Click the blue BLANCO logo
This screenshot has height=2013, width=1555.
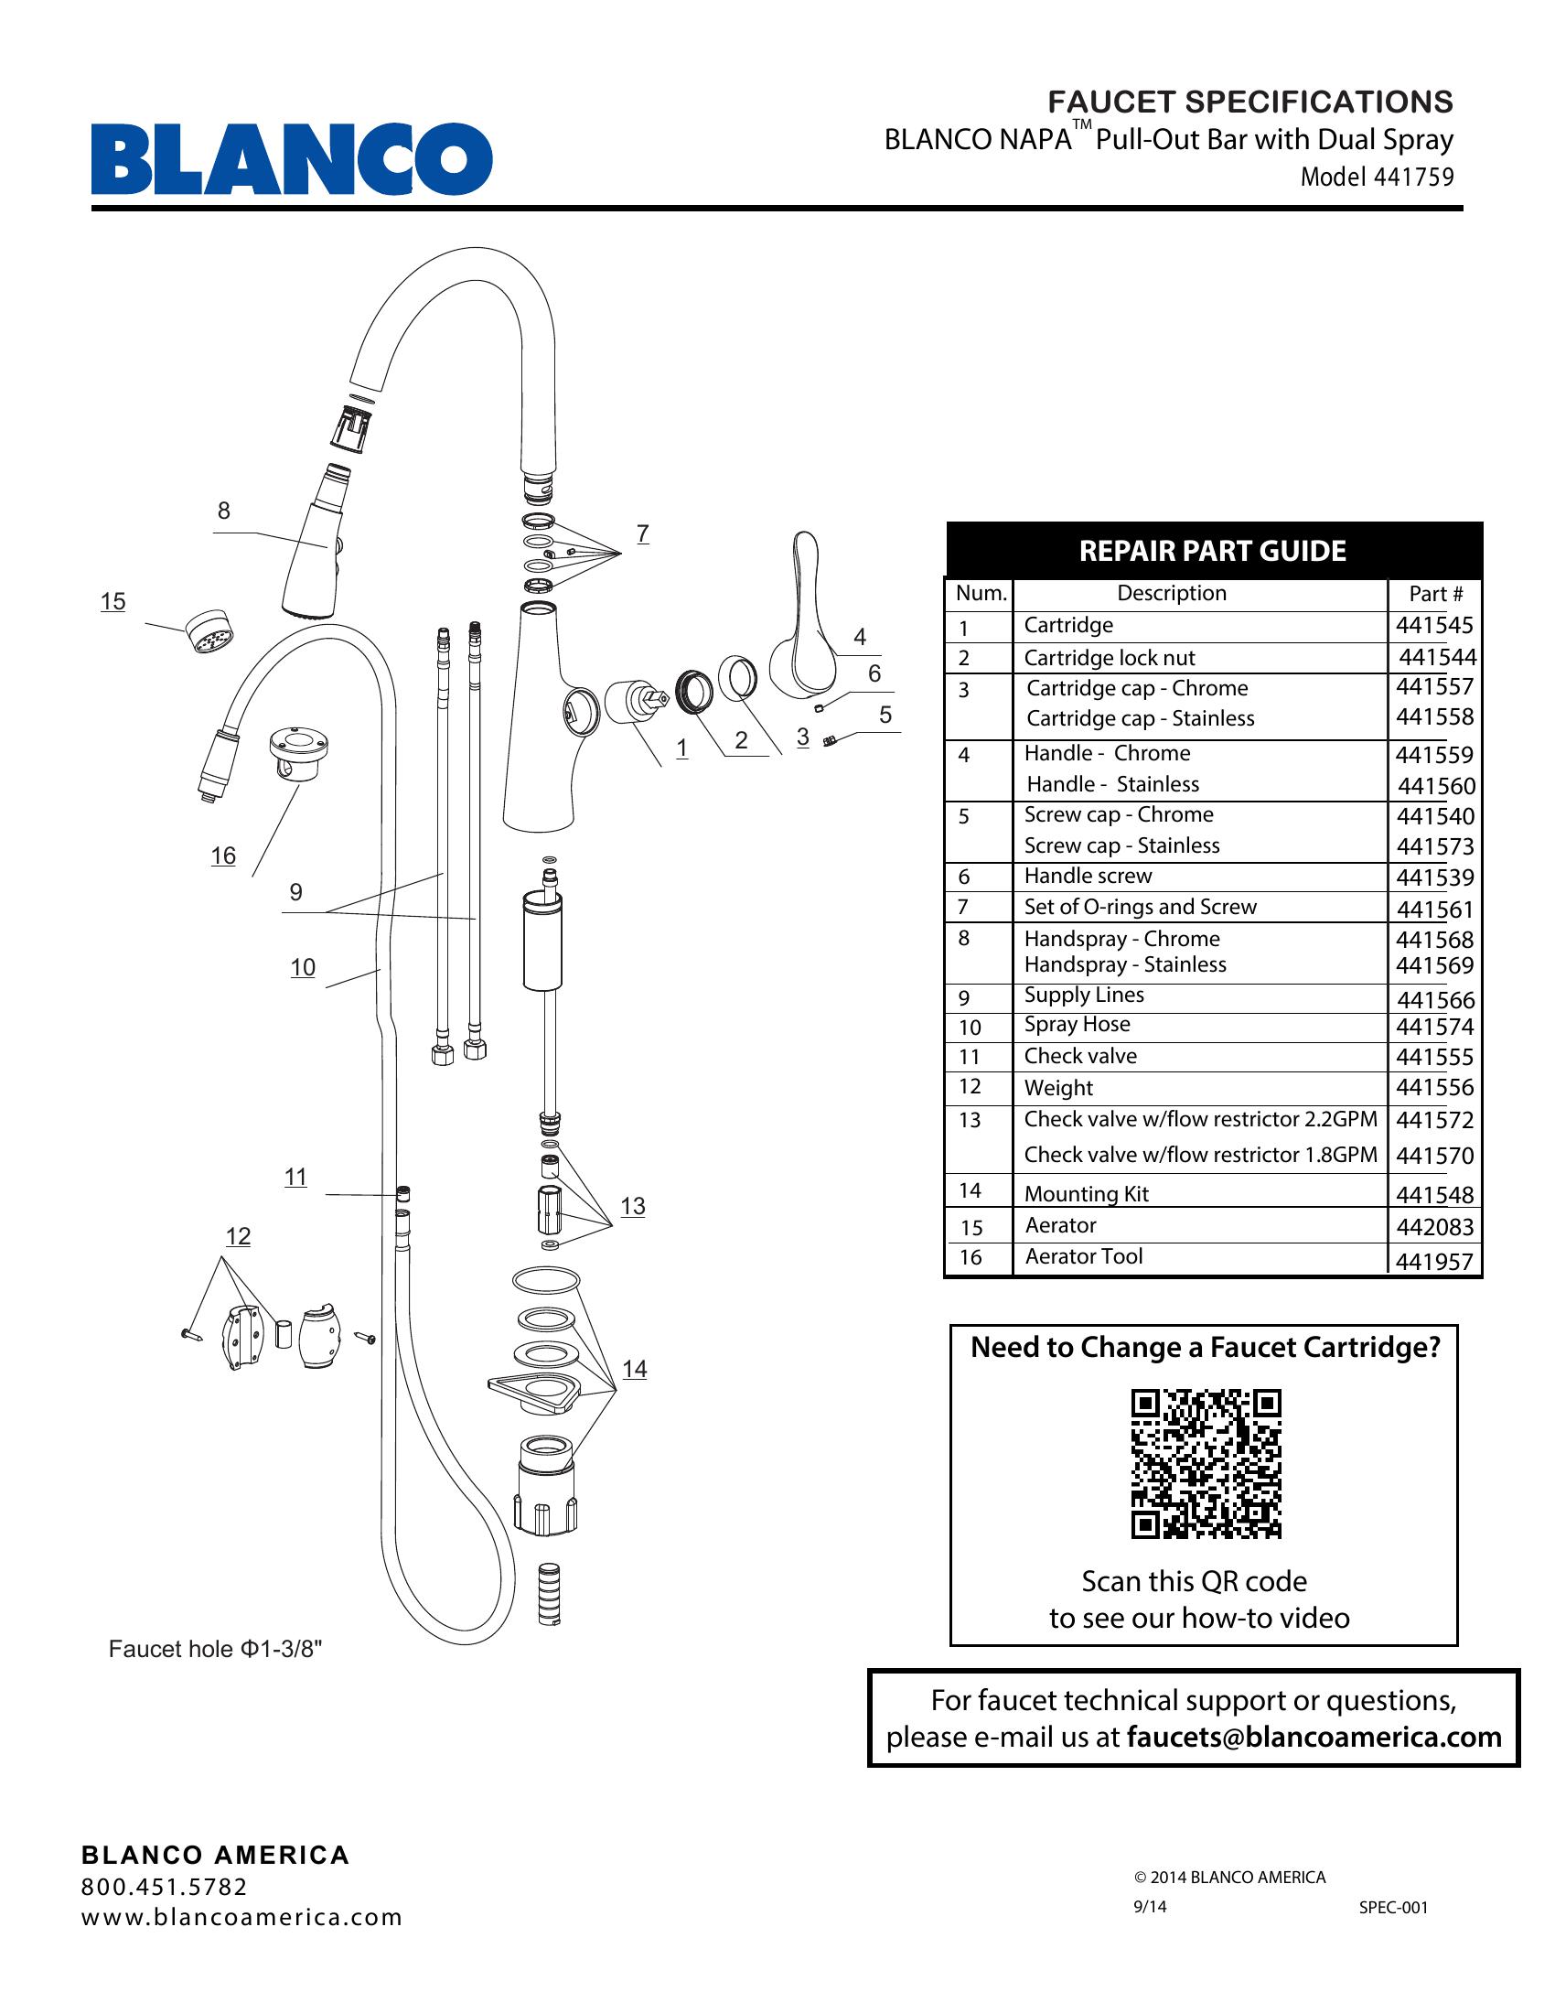291,158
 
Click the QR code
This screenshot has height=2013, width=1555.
1206,1464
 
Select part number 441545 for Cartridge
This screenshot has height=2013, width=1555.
1434,625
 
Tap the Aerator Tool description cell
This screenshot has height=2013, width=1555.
1083,1256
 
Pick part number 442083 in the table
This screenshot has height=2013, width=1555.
1434,1227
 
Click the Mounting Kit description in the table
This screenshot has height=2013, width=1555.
1086,1193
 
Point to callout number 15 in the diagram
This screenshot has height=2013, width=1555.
113,602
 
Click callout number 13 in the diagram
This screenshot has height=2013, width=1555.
633,1206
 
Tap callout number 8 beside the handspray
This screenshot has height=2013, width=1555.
224,511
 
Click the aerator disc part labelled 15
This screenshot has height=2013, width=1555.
211,631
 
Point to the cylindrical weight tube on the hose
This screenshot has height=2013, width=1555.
542,940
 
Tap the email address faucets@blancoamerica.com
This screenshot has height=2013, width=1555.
1314,1738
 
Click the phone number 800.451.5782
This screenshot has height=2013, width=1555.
165,1887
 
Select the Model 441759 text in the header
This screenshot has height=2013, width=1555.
1377,177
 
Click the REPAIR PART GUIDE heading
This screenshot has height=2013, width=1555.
1212,551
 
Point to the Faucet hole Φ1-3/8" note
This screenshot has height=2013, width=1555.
216,1649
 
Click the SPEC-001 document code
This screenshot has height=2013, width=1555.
1393,1907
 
